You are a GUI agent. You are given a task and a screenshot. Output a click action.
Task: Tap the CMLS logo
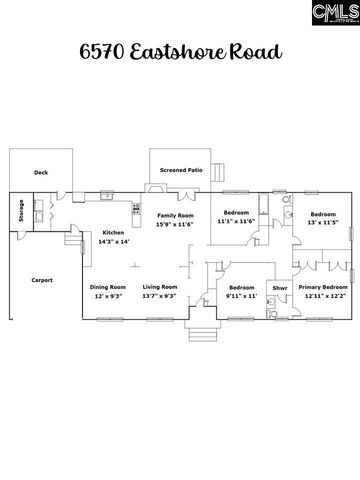pos(334,13)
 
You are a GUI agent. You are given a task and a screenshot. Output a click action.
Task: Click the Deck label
pos(41,173)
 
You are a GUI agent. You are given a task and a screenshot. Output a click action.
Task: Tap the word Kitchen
pos(113,233)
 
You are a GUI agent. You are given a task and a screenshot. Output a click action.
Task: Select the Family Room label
pos(175,215)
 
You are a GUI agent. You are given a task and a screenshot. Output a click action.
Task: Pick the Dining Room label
pos(110,287)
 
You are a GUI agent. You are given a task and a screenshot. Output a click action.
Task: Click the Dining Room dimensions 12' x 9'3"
pos(110,296)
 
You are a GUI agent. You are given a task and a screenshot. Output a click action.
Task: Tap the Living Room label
pos(159,287)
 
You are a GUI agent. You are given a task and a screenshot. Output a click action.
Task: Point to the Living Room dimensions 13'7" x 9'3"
pos(159,296)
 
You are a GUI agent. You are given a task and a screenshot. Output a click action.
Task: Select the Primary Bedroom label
pos(322,287)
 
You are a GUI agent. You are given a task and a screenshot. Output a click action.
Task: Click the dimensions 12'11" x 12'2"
pos(322,296)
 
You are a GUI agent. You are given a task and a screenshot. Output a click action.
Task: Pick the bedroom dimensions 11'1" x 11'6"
pos(237,223)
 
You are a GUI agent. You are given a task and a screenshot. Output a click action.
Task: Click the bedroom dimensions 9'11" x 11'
pos(241,296)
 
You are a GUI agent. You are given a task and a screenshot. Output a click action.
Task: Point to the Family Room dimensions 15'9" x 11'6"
pos(175,224)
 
